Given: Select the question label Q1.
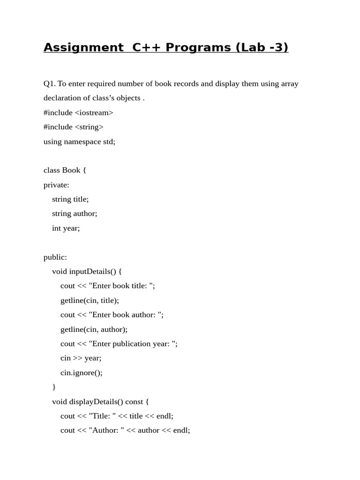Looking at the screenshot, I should click(x=49, y=83).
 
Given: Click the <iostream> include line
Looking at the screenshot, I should click(x=78, y=112).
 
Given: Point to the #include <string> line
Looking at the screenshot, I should click(x=74, y=127).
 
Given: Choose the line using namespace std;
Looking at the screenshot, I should click(x=79, y=142).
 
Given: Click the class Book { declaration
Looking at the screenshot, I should click(x=65, y=170).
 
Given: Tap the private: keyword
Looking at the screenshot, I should click(x=56, y=185).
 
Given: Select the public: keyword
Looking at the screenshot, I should click(x=55, y=257).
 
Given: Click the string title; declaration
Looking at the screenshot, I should click(x=70, y=199).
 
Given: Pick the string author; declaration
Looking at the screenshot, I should click(x=75, y=214).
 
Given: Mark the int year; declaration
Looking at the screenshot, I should click(x=66, y=228).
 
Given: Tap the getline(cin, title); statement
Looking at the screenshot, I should click(x=90, y=300).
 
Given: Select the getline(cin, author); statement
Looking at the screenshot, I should click(x=94, y=330).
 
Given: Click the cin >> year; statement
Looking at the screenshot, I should click(x=81, y=358).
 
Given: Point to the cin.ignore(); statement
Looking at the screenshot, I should click(x=81, y=373).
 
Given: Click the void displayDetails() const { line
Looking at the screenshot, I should click(x=100, y=402).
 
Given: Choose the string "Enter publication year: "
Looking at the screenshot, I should click(x=132, y=344).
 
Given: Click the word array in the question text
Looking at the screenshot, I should click(x=289, y=83).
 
